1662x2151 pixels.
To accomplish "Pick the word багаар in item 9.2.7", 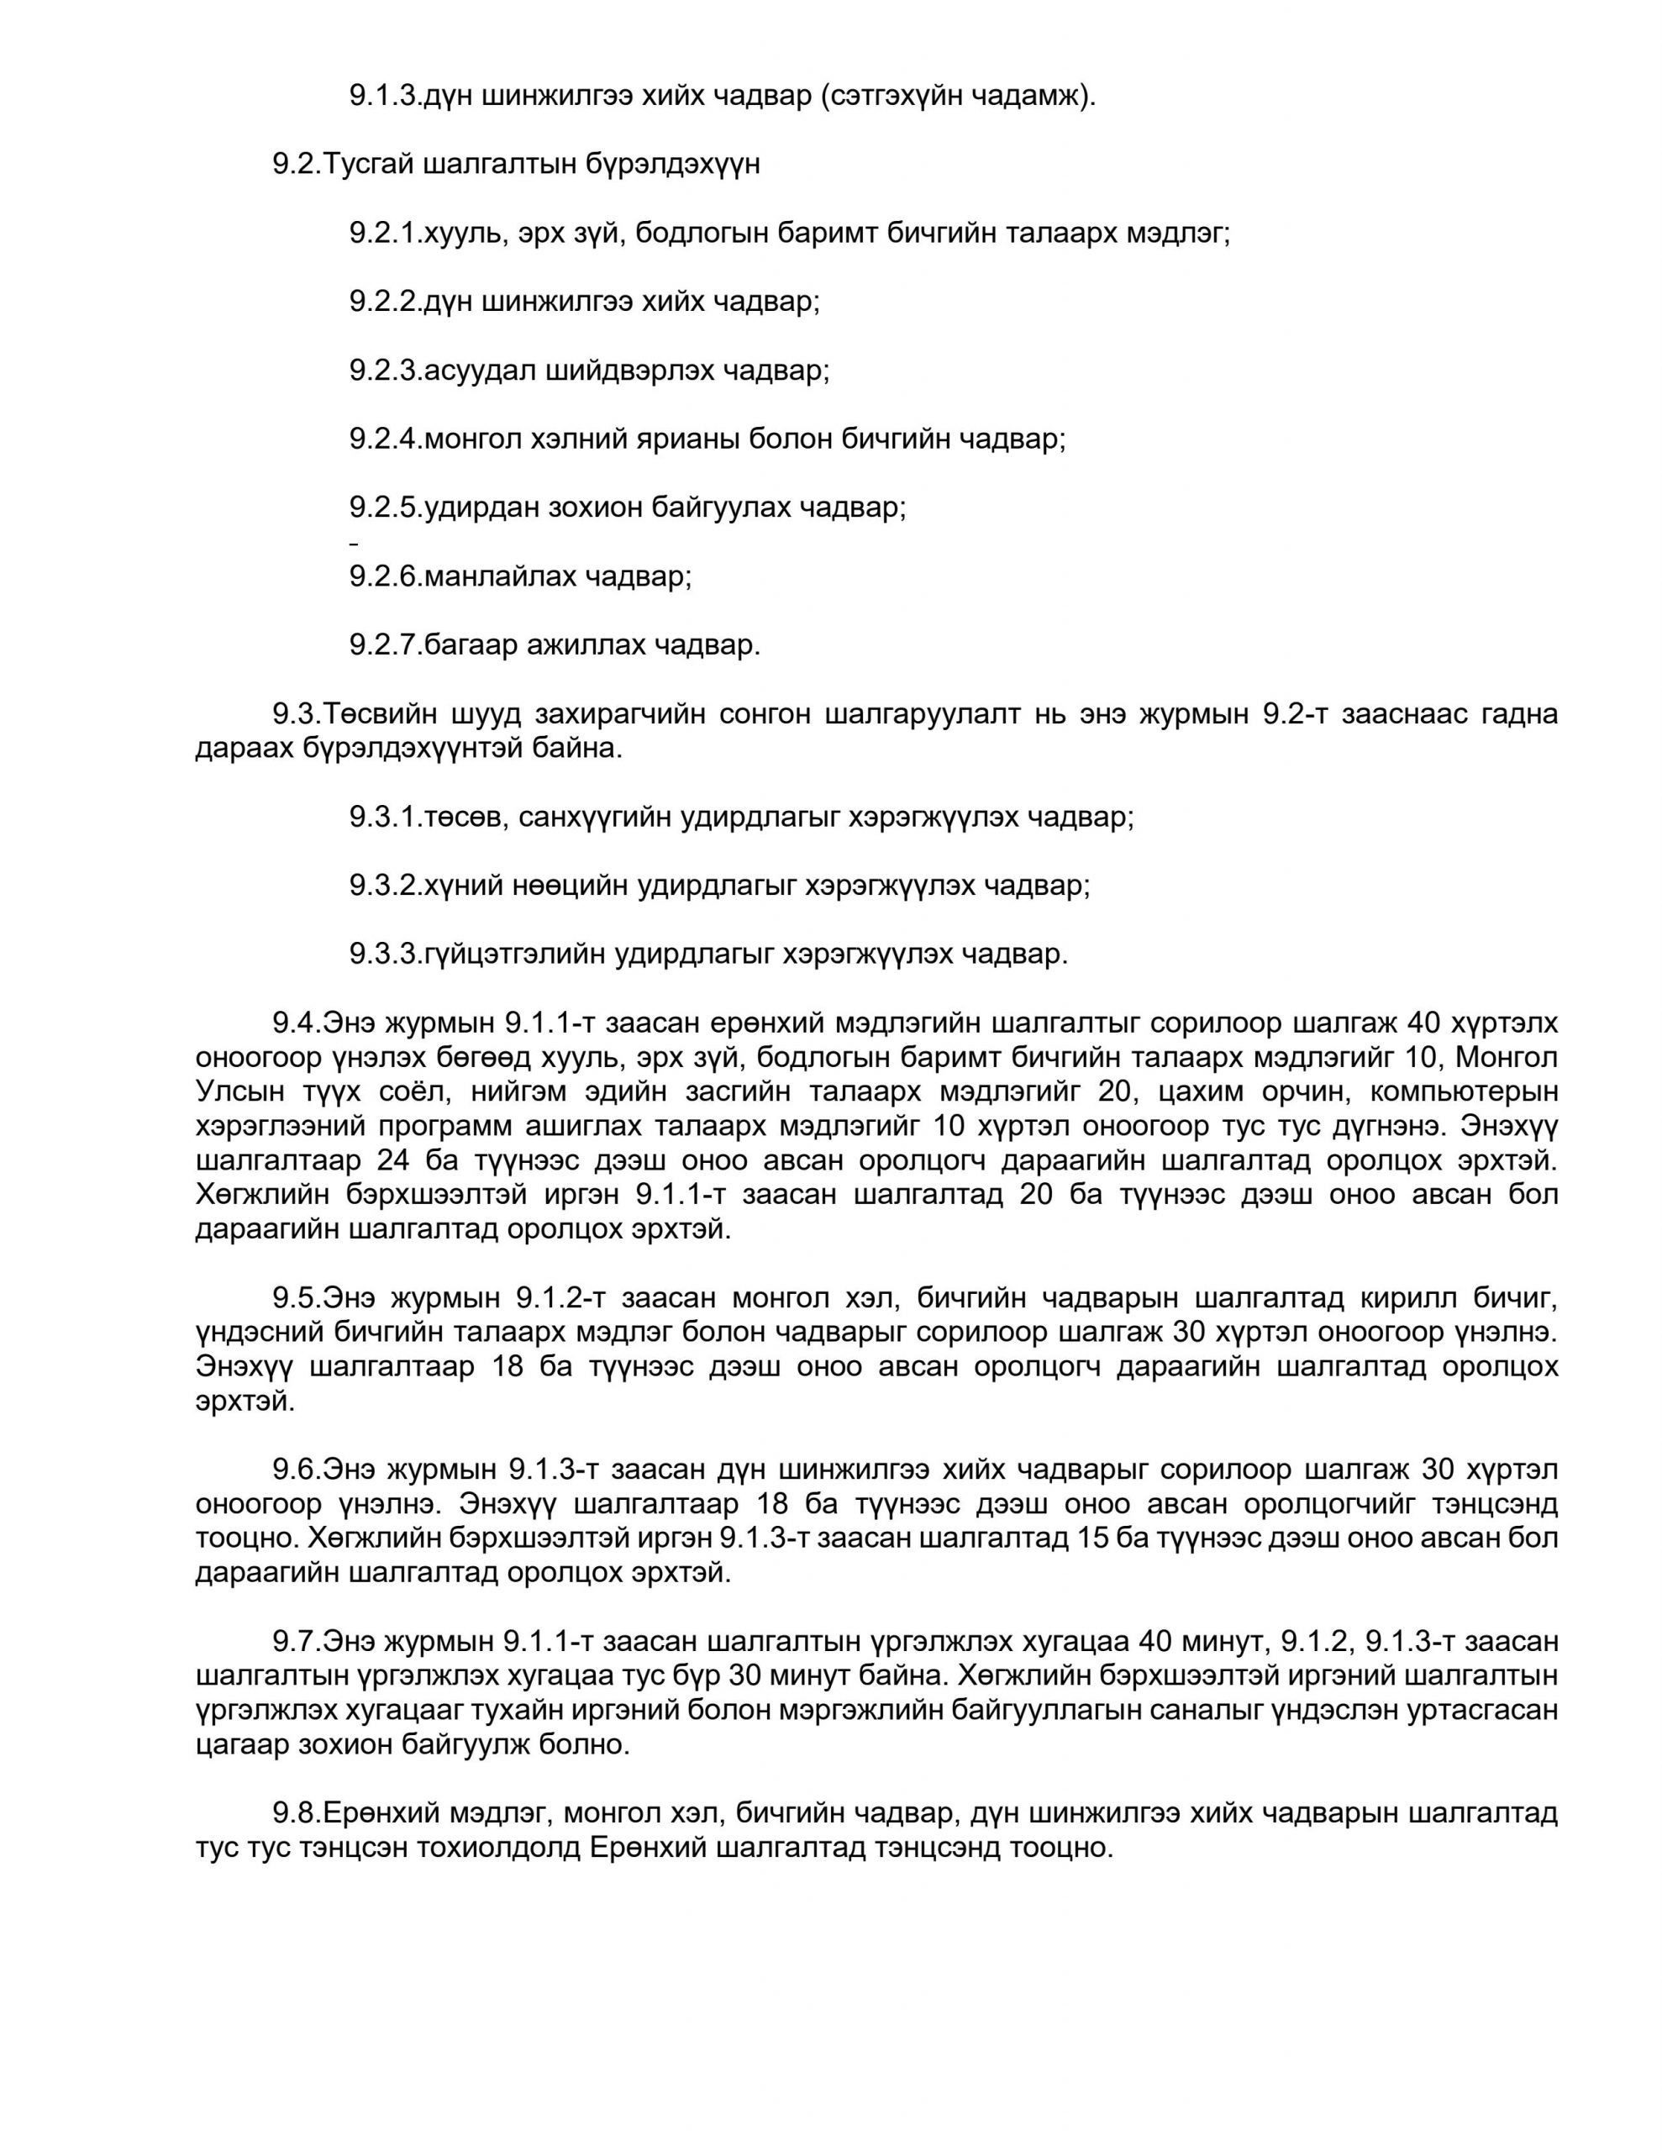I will [470, 645].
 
